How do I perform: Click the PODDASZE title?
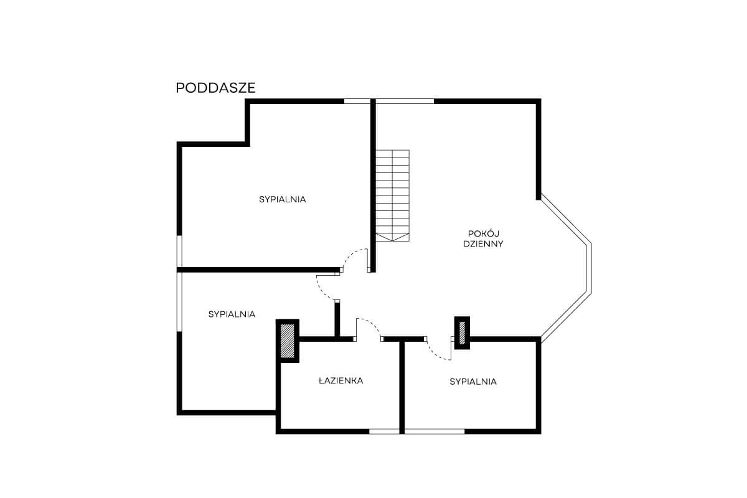click(215, 88)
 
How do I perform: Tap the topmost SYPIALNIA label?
click(283, 199)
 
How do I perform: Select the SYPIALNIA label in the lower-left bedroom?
click(232, 314)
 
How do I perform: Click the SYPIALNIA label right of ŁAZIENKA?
click(473, 382)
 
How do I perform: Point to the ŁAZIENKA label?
click(341, 380)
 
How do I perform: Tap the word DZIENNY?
click(483, 244)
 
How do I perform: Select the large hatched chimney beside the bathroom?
click(288, 341)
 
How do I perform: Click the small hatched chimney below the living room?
click(462, 333)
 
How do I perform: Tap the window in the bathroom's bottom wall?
click(384, 431)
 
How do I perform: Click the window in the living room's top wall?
click(405, 101)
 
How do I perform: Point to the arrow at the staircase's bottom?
click(393, 237)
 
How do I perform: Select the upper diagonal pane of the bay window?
click(566, 219)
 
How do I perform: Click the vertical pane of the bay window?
click(590, 269)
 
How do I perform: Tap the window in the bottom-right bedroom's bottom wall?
click(435, 431)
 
